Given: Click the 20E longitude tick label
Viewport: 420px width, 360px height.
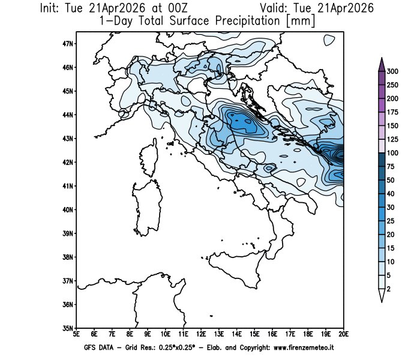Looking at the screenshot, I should click(x=343, y=334).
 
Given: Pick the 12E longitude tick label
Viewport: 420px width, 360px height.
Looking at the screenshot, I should click(x=201, y=334).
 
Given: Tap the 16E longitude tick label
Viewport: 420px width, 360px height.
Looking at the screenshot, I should click(x=272, y=334).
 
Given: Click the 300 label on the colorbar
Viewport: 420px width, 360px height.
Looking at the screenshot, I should click(x=394, y=71).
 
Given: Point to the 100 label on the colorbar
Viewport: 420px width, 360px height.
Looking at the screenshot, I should click(x=394, y=153).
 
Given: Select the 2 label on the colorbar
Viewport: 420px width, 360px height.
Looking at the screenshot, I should click(x=391, y=289).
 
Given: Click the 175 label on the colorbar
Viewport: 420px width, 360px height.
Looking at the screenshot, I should click(x=394, y=112).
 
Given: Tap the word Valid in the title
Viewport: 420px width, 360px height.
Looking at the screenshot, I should click(x=275, y=8).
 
